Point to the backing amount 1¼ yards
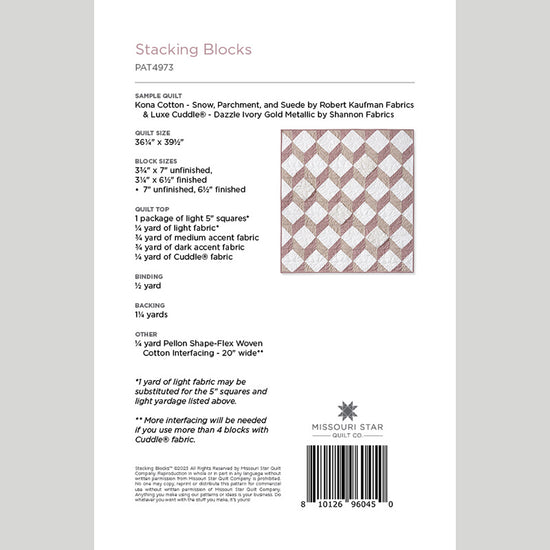point(155,312)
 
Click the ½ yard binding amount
point(148,286)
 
